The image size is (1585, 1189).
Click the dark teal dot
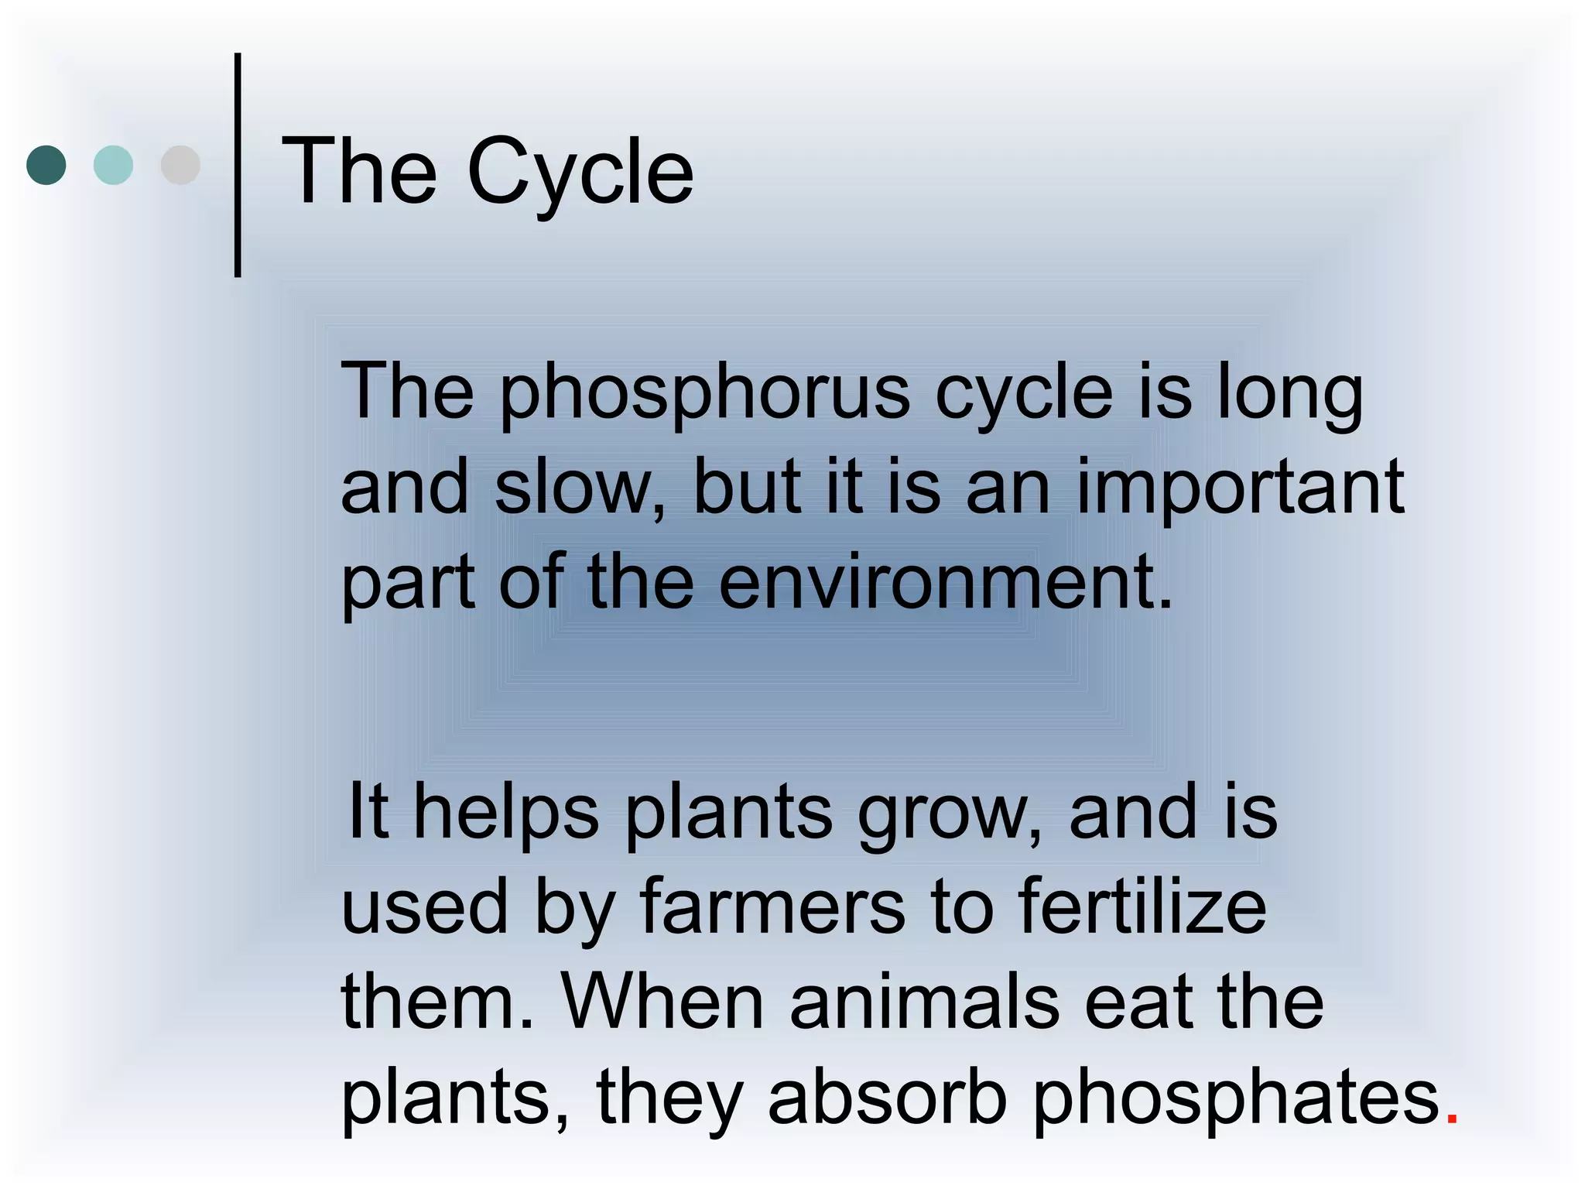46,165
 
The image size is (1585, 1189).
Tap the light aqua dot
113,165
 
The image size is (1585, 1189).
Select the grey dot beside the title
180,165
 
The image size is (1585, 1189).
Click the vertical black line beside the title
238,165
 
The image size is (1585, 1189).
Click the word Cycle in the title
580,172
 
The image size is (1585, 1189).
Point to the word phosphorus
705,393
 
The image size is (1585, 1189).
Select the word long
1289,393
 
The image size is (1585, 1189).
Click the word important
1240,488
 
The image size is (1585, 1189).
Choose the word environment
944,582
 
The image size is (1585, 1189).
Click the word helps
506,813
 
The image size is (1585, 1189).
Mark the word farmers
772,907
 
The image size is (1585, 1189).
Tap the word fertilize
1142,907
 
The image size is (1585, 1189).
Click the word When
662,1002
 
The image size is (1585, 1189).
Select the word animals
924,1002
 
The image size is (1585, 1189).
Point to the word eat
1138,1003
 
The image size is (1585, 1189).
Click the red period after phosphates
1452,1119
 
